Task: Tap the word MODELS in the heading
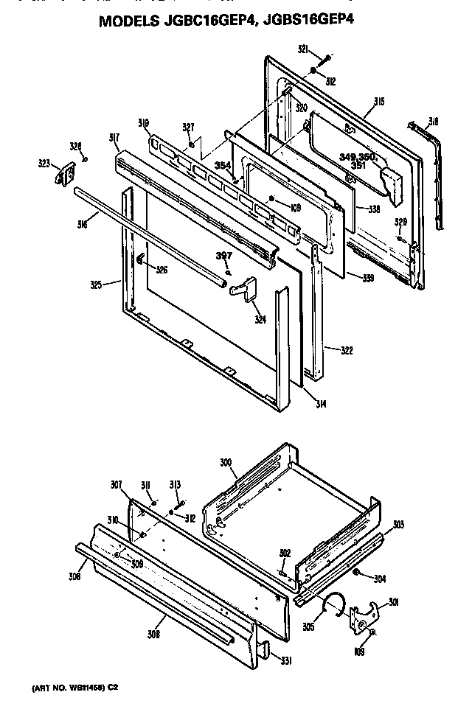(x=132, y=22)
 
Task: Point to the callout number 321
(x=302, y=49)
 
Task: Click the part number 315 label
(x=379, y=101)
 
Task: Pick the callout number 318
(x=434, y=122)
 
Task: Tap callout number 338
(x=374, y=209)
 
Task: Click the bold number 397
(x=224, y=255)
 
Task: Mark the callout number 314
(x=321, y=403)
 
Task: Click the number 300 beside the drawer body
(x=226, y=462)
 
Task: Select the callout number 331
(x=284, y=660)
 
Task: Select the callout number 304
(x=379, y=579)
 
